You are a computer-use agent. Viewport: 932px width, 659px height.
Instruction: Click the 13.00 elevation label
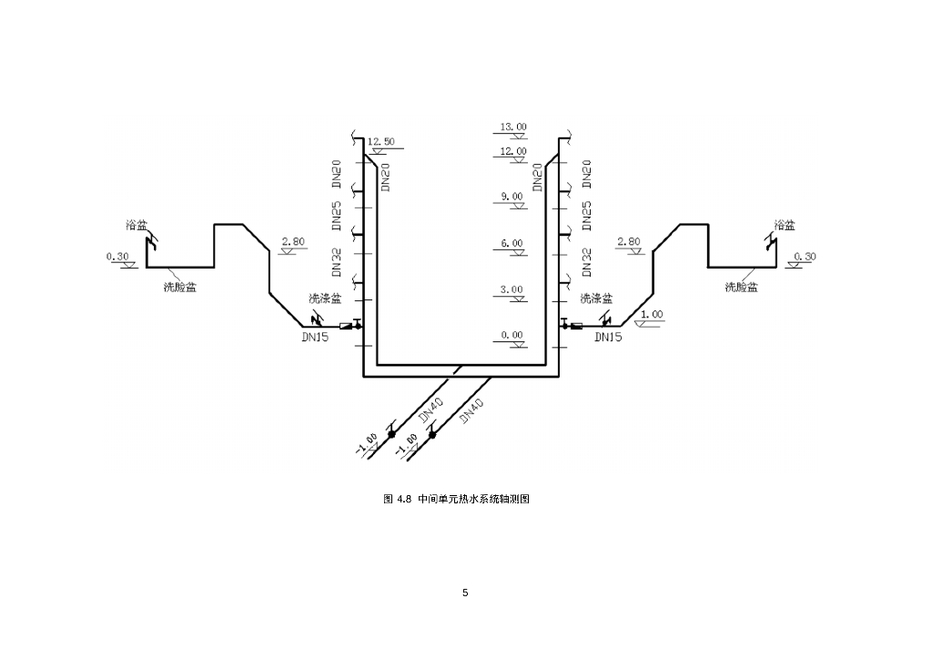(513, 127)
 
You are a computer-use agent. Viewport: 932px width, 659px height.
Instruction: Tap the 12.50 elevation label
(381, 142)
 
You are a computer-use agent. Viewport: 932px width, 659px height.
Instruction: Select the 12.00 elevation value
(513, 151)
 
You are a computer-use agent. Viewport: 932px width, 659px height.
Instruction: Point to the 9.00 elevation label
(512, 197)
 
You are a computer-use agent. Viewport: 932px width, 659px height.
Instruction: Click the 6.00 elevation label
(512, 243)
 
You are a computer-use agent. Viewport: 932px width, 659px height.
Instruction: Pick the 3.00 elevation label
(512, 289)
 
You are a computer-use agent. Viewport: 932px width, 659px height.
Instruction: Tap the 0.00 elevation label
(512, 335)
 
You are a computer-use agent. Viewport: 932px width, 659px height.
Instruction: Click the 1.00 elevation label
(652, 314)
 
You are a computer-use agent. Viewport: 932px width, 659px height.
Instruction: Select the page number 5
(465, 593)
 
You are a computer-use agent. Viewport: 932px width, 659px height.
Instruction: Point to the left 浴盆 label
(137, 224)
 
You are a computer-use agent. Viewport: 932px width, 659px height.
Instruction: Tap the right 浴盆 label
(784, 224)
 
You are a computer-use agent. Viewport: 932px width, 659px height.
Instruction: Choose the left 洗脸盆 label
(180, 287)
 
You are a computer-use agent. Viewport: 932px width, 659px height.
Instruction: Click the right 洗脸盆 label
(742, 287)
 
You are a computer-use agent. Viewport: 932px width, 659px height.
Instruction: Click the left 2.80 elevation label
(294, 242)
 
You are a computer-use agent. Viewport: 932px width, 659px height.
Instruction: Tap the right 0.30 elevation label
(805, 257)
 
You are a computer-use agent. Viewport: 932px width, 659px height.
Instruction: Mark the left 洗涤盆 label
(326, 298)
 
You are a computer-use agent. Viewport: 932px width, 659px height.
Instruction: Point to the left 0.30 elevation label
(118, 257)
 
